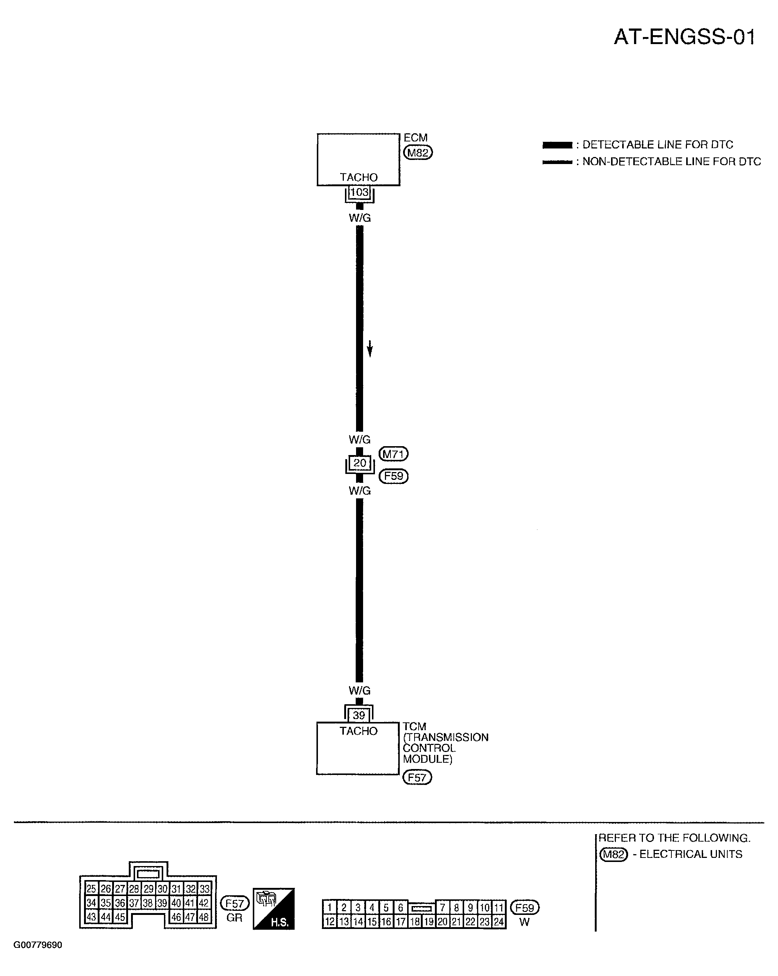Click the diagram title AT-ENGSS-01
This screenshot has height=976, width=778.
684,37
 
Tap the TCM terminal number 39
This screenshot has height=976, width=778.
359,715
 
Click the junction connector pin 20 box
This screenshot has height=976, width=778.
360,463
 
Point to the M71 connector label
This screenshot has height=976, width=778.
393,454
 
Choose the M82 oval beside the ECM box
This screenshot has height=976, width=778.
418,153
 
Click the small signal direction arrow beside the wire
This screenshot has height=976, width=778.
370,348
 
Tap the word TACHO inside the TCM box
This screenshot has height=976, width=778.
358,731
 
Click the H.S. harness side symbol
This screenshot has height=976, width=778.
274,909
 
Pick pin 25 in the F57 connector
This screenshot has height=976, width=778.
91,889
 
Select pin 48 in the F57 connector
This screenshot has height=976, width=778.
204,917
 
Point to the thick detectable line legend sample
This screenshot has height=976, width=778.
557,145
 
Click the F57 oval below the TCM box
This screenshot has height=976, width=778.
417,777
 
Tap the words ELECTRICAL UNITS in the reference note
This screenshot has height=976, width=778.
691,854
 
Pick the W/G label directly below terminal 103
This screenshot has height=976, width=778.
360,218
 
